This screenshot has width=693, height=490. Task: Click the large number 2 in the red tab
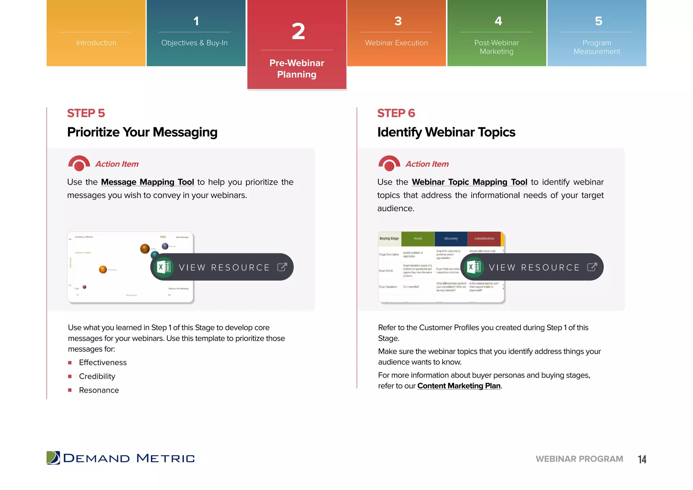click(x=298, y=31)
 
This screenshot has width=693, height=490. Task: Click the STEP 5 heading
click(x=86, y=113)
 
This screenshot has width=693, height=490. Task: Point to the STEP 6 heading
click(x=396, y=113)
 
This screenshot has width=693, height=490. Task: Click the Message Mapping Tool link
click(x=148, y=182)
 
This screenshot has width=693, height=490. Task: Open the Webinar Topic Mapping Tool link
click(x=469, y=182)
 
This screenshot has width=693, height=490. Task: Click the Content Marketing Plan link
click(x=459, y=386)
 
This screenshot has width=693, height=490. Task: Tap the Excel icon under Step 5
click(x=164, y=267)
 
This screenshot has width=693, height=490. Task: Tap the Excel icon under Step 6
click(x=474, y=267)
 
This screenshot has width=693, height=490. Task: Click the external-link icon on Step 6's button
click(x=592, y=267)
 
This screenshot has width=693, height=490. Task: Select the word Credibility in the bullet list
click(x=97, y=376)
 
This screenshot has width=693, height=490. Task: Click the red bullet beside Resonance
click(x=70, y=390)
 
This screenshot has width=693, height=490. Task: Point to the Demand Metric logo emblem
click(x=53, y=458)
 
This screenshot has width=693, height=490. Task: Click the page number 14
click(x=642, y=459)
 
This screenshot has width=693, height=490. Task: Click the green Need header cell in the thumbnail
click(x=418, y=239)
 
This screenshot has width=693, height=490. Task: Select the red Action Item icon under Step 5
click(x=79, y=163)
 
